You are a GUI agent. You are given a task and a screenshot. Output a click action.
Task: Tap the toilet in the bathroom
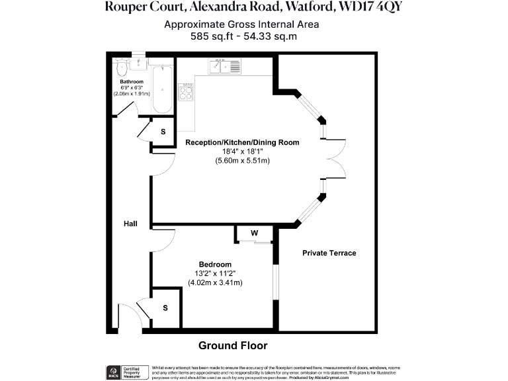[x=120, y=67]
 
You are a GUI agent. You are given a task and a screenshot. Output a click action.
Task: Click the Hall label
[x=130, y=224]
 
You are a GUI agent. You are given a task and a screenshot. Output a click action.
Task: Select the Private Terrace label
[x=329, y=253]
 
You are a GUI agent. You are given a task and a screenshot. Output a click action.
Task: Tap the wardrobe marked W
[x=254, y=233]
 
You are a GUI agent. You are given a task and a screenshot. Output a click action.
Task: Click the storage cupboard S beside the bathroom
[x=163, y=131]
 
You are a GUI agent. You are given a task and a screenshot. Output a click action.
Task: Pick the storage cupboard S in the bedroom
[x=165, y=308]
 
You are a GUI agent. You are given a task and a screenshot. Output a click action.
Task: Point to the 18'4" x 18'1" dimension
[x=242, y=151]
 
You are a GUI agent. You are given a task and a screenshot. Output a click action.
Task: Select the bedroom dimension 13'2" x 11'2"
[x=216, y=274]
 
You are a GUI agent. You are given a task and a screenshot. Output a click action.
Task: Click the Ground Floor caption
[x=233, y=345]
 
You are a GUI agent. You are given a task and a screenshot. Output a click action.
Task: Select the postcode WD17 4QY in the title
[x=368, y=7]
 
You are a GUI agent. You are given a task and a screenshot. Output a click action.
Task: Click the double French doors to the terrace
[x=336, y=159]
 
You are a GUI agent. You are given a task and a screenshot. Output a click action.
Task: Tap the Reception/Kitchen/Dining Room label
[x=242, y=142]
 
